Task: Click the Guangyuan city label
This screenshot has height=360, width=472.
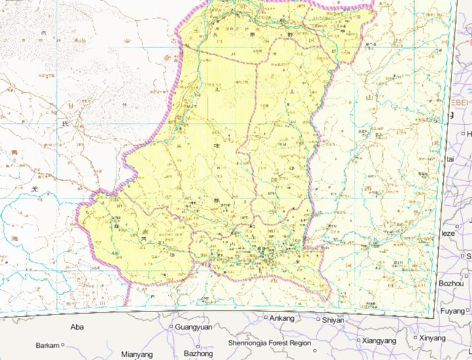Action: [194, 327]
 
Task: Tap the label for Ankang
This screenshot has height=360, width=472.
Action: [282, 318]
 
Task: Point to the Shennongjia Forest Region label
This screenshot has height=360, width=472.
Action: [270, 343]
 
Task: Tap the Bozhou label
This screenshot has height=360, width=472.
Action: [453, 283]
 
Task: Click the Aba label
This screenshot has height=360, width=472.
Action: [77, 327]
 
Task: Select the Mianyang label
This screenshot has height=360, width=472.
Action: [137, 354]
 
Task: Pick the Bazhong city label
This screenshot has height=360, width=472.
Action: [198, 354]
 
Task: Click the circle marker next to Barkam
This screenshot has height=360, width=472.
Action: [63, 345]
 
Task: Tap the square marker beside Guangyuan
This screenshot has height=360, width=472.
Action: [171, 327]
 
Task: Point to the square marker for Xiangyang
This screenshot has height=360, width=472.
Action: [359, 340]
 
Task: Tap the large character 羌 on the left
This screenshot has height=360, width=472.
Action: [35, 190]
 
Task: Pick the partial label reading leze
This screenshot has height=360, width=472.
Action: [447, 234]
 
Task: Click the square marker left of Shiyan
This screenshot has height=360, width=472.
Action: [318, 319]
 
